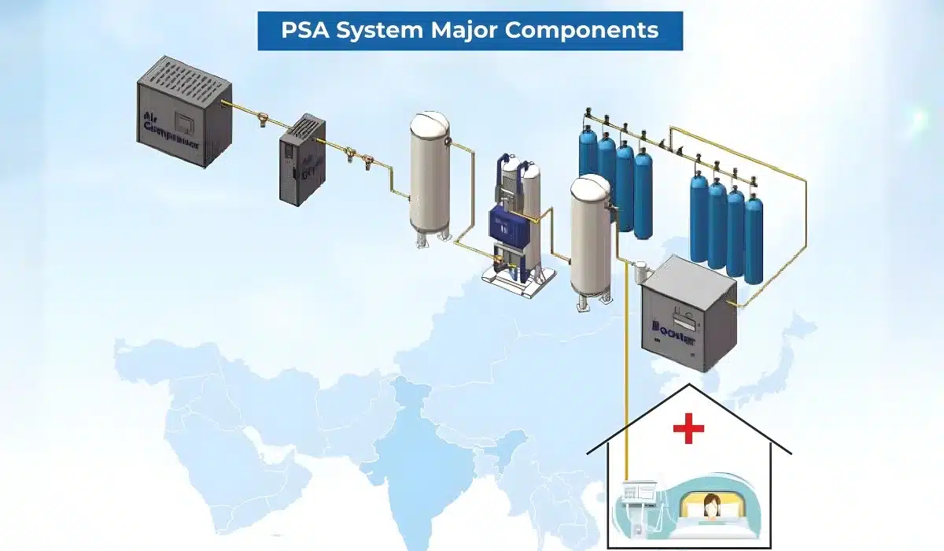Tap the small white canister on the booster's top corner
coord(638,270)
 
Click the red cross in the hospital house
coord(688,430)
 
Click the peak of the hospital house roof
coord(689,386)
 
